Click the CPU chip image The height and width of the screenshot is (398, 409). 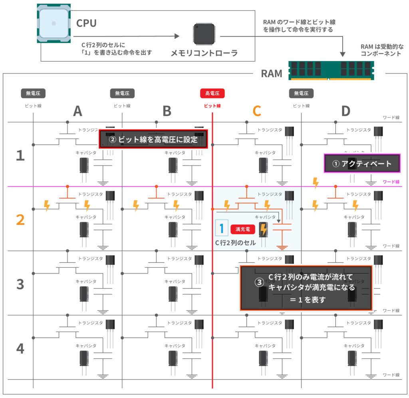54,23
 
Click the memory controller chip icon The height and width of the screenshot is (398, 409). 204,34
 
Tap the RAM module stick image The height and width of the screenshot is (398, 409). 331,71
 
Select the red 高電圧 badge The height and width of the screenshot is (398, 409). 212,94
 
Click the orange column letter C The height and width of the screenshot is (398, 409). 257,111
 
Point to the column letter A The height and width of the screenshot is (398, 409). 77,111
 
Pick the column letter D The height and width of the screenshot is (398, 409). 346,111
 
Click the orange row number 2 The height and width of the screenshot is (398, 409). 20,219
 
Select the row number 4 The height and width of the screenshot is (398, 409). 20,348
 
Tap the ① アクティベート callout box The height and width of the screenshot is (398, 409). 362,163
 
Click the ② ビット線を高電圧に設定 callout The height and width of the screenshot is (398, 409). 154,139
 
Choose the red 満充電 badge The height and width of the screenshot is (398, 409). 243,229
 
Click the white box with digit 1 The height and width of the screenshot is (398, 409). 221,228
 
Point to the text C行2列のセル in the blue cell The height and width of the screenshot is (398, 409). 236,243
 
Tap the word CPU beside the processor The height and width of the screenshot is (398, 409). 86,23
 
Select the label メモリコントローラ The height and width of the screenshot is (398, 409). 204,53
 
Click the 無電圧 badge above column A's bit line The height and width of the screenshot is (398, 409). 33,94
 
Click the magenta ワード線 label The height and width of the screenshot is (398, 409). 391,182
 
